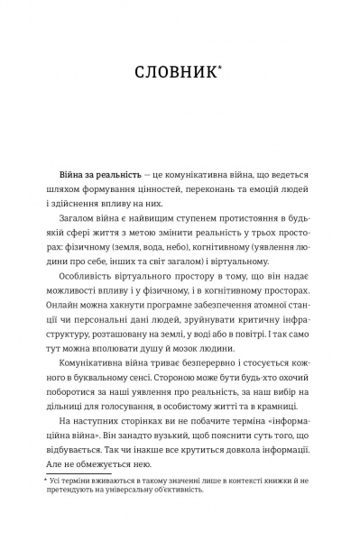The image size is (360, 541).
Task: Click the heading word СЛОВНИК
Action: pyautogui.click(x=177, y=73)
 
